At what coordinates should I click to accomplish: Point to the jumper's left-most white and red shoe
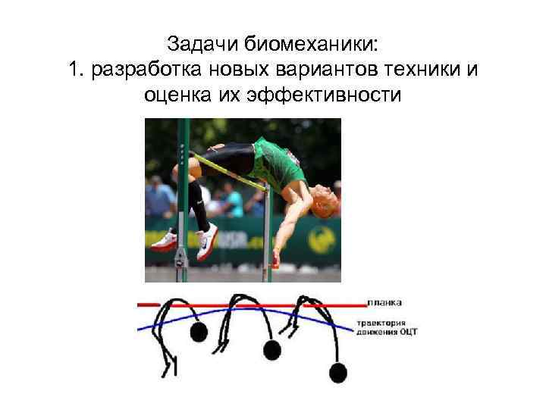click(164, 241)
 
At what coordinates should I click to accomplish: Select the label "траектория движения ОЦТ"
click(387, 327)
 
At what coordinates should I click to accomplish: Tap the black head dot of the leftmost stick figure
click(199, 332)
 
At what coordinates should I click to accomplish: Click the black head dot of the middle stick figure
click(271, 348)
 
